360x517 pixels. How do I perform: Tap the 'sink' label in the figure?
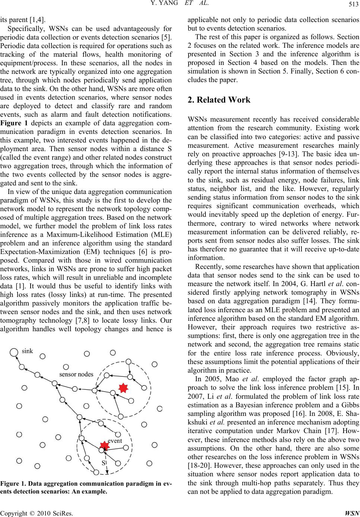[x=28, y=351]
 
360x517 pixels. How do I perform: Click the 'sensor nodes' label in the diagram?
[x=76, y=374]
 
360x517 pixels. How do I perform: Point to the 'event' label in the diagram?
[x=115, y=441]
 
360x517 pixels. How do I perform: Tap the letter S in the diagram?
[x=104, y=463]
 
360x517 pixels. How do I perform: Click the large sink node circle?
[x=14, y=351]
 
